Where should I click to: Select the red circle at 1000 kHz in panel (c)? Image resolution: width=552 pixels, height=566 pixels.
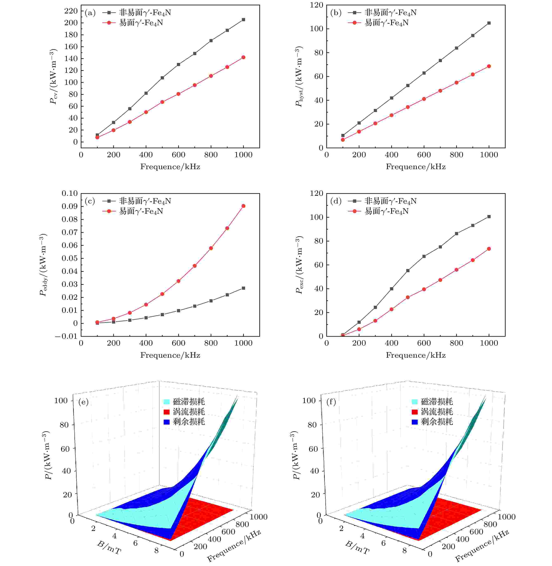pyautogui.click(x=243, y=206)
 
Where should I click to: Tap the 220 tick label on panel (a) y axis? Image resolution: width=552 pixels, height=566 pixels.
pyautogui.click(x=71, y=11)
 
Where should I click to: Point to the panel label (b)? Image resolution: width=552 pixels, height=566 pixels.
pyautogui.click(x=336, y=13)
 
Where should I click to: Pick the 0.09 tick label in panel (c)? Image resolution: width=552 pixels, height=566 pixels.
pyautogui.click(x=69, y=206)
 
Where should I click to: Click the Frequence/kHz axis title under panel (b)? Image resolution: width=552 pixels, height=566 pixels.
pyautogui.click(x=415, y=167)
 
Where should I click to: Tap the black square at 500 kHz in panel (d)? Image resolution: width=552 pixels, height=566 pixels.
pyautogui.click(x=408, y=271)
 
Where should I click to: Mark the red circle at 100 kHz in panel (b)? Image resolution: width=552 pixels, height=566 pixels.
pyautogui.click(x=343, y=140)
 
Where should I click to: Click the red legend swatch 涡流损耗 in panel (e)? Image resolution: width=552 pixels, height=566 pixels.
pyautogui.click(x=167, y=412)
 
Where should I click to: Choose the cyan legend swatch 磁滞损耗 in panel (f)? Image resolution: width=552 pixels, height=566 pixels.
pyautogui.click(x=415, y=402)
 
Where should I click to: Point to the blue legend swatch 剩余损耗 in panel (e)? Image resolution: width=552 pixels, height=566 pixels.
pyautogui.click(x=167, y=422)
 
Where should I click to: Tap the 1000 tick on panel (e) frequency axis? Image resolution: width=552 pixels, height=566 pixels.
pyautogui.click(x=259, y=517)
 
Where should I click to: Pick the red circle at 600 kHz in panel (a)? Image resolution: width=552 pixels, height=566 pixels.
pyautogui.click(x=178, y=94)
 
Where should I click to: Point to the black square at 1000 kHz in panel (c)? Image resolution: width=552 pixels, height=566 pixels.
pyautogui.click(x=243, y=288)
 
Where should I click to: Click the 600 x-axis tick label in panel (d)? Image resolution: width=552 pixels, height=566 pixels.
pyautogui.click(x=424, y=343)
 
